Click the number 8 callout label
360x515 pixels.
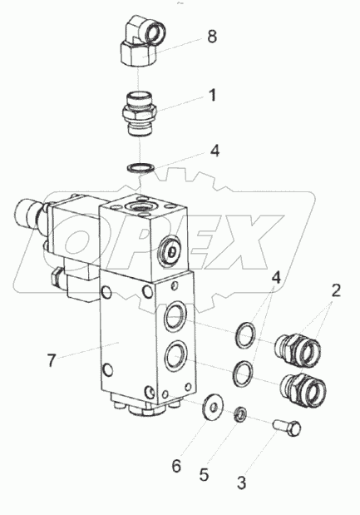[x=211, y=37]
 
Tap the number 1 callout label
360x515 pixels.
[x=212, y=96]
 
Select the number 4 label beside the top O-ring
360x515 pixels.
[x=215, y=151]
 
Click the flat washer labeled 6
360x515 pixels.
[x=214, y=407]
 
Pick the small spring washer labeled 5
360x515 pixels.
[x=238, y=413]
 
